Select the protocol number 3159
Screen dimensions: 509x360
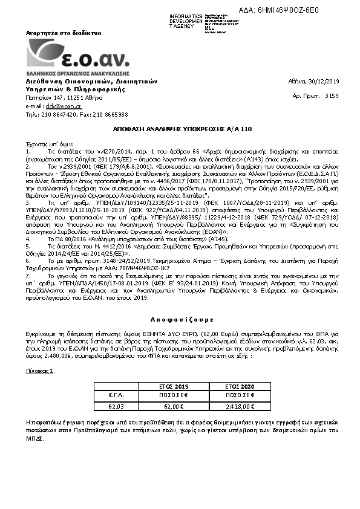point(332,96)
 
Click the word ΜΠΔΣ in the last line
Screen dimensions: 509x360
point(34,437)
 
